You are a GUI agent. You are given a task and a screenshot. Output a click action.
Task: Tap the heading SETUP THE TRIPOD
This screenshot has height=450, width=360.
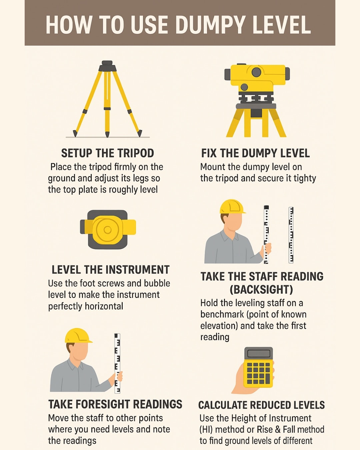[108, 153]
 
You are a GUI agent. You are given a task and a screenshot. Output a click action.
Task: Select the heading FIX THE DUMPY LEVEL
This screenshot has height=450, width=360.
[255, 153]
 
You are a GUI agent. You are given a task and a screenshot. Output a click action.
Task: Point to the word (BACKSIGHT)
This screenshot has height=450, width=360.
[261, 289]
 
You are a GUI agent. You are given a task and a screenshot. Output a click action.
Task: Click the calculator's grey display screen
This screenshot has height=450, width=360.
[259, 354]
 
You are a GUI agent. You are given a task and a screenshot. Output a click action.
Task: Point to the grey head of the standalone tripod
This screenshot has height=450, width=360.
[107, 66]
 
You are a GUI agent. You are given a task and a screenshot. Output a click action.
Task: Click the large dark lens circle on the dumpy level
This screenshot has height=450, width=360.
[256, 72]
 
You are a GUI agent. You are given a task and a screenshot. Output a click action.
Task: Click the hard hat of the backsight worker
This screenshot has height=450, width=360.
[232, 207]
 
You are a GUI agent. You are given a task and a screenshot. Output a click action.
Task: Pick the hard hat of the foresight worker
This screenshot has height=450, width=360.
[78, 335]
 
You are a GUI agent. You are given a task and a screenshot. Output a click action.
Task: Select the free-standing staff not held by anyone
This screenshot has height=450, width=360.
[291, 235]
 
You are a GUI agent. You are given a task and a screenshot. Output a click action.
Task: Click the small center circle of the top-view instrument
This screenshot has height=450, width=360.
[108, 230]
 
